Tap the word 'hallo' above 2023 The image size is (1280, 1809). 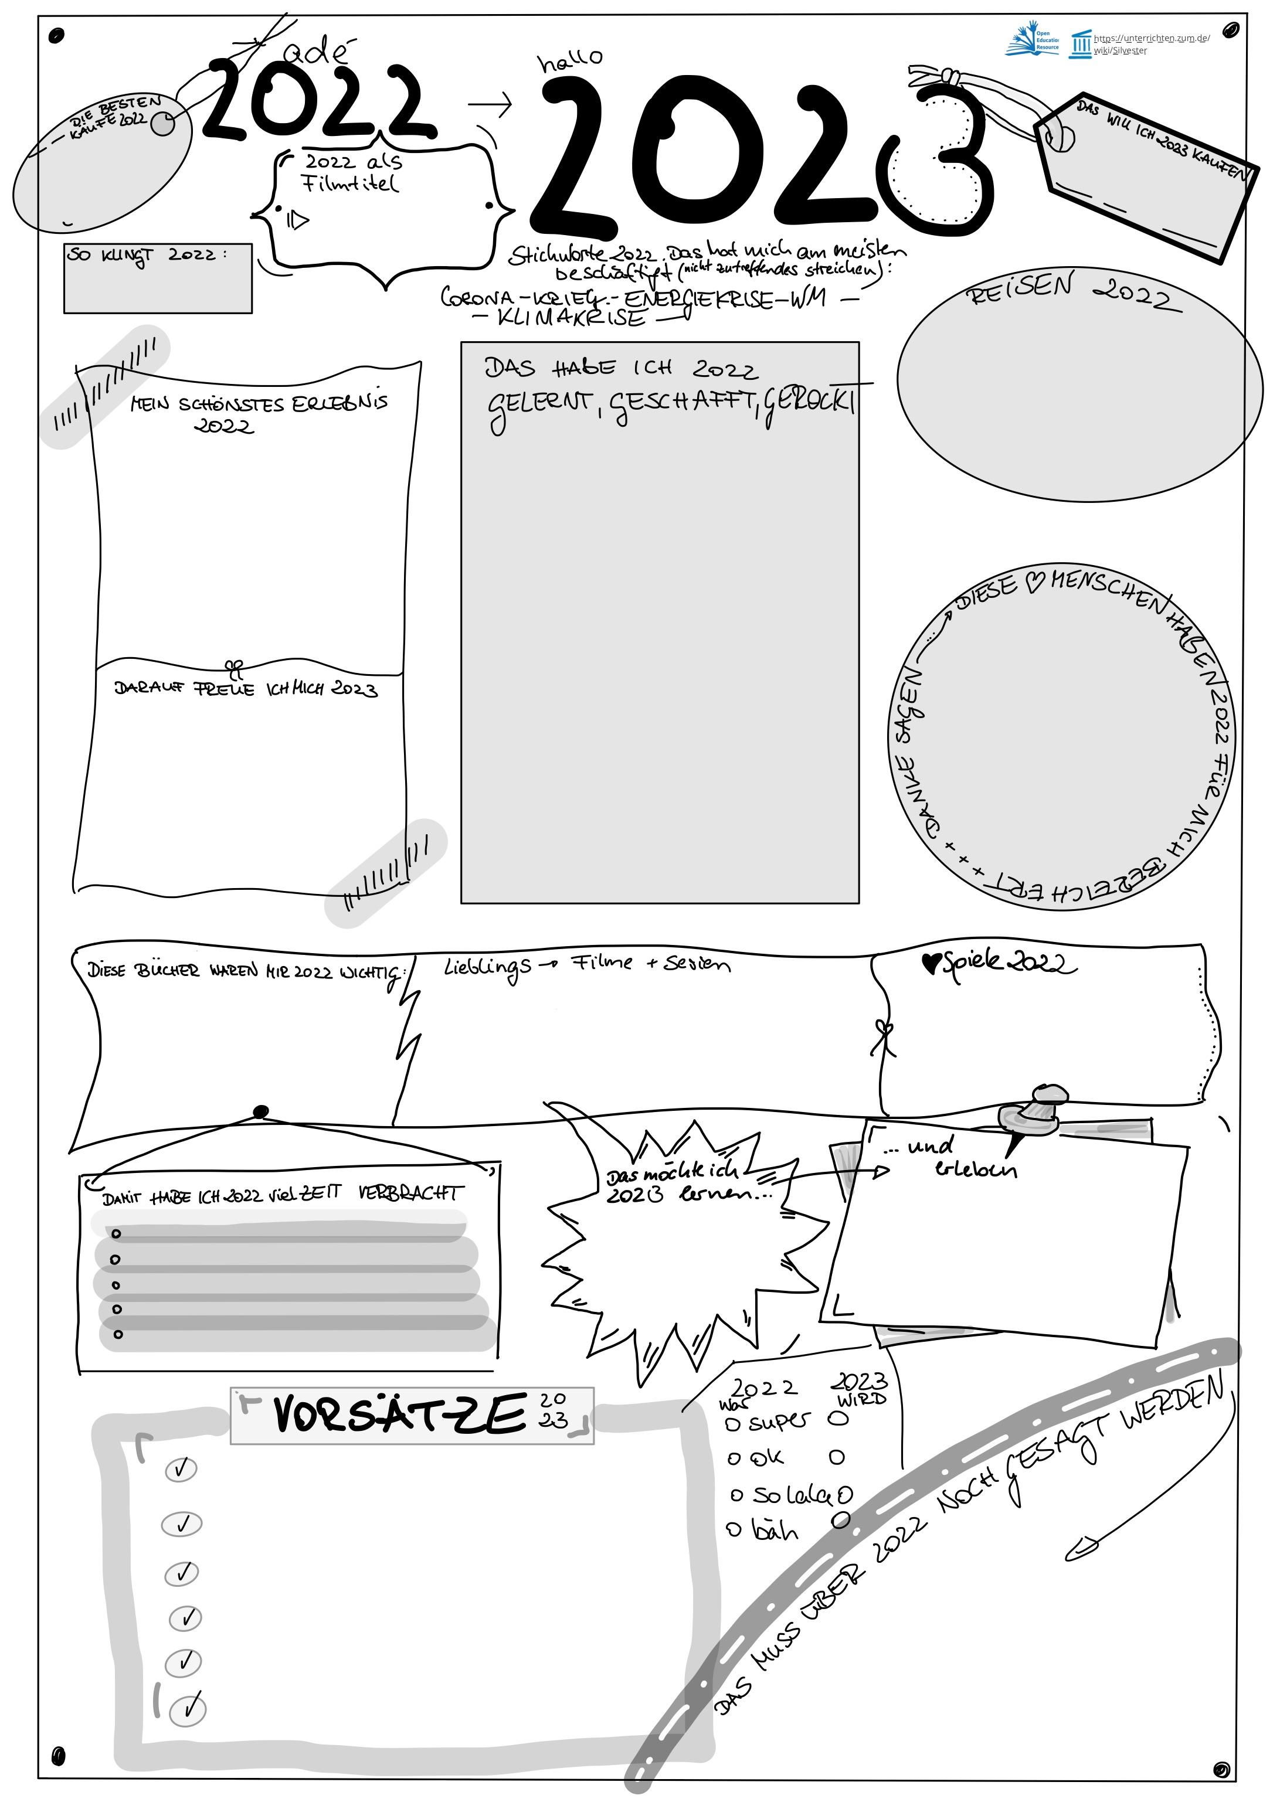click(x=570, y=60)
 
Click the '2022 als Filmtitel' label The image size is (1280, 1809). click(x=353, y=172)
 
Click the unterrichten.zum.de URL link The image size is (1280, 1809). click(x=1151, y=44)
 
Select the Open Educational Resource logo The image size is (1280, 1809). click(x=1032, y=42)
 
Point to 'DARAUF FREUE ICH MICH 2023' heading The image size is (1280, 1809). click(x=246, y=689)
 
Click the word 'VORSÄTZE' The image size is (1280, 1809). click(x=399, y=1414)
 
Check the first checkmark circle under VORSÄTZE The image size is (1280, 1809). click(x=181, y=1468)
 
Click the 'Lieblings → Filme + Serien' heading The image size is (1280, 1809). click(x=586, y=965)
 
